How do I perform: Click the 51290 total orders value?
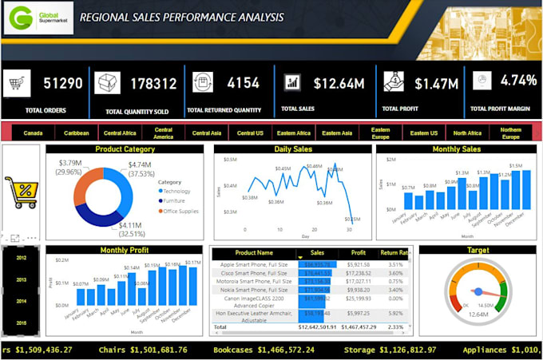pyautogui.click(x=63, y=83)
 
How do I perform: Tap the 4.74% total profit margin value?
pyautogui.click(x=519, y=81)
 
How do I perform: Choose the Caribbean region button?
pyautogui.click(x=77, y=133)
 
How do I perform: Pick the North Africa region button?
pyautogui.click(x=466, y=133)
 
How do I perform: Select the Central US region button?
pyautogui.click(x=251, y=133)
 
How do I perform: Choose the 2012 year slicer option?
pyautogui.click(x=21, y=258)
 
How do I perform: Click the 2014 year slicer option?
pyautogui.click(x=21, y=301)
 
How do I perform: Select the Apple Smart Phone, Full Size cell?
pyautogui.click(x=255, y=264)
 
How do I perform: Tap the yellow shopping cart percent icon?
pyautogui.click(x=22, y=192)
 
